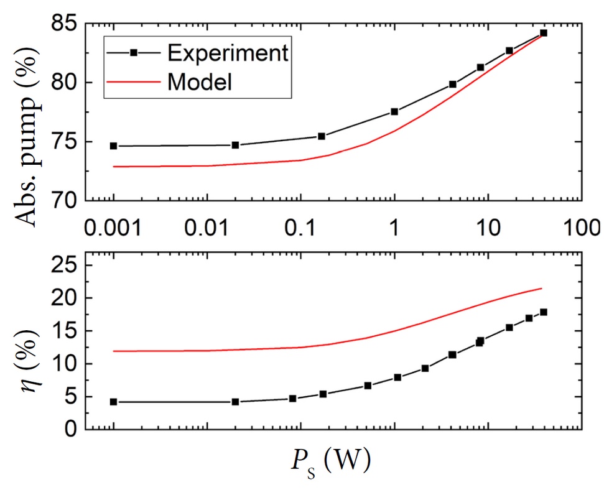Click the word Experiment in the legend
coord(228,53)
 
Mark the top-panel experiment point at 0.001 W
coord(114,146)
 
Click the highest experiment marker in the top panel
coord(544,33)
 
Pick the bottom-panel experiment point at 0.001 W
coord(114,402)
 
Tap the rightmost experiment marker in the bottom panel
coord(544,312)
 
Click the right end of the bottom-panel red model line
coord(542,288)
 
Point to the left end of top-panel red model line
coord(114,167)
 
